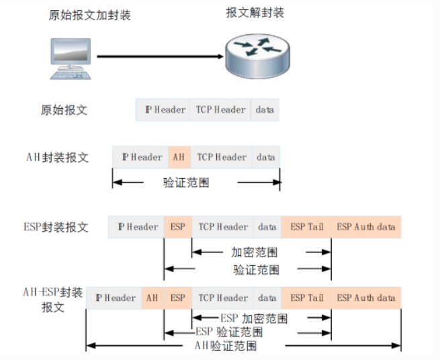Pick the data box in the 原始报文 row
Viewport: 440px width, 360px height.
click(x=265, y=109)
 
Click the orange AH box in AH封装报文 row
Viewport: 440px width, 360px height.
click(x=179, y=157)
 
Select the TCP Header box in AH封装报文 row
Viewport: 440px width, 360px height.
click(x=221, y=157)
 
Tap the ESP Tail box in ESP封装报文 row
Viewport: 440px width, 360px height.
click(x=306, y=226)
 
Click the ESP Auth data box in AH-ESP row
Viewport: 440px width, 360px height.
click(x=366, y=298)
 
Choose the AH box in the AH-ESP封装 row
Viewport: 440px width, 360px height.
click(x=152, y=298)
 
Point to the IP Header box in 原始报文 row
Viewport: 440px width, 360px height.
click(x=165, y=109)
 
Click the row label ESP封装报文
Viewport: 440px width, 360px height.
click(x=56, y=226)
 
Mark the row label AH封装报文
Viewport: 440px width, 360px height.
click(x=56, y=157)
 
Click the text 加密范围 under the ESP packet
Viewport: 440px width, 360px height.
click(x=255, y=253)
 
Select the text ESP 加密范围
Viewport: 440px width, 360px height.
click(x=254, y=317)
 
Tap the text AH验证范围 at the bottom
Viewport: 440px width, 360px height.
click(x=225, y=346)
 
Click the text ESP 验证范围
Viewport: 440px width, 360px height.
click(x=229, y=332)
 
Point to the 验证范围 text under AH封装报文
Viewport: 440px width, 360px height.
click(x=186, y=181)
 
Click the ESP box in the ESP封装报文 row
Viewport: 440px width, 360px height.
click(x=177, y=226)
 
